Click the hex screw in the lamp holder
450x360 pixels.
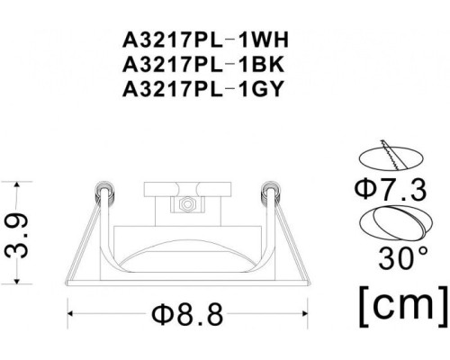[186, 205]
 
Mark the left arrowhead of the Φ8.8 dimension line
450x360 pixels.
[72, 313]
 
